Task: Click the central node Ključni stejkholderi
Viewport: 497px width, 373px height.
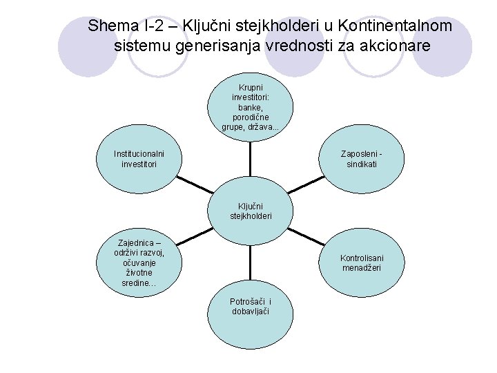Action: click(x=250, y=211)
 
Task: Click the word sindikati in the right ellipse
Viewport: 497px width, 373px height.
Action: click(x=362, y=164)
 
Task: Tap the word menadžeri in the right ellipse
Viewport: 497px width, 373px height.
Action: click(x=362, y=268)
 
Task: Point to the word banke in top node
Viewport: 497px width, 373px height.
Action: click(x=249, y=108)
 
